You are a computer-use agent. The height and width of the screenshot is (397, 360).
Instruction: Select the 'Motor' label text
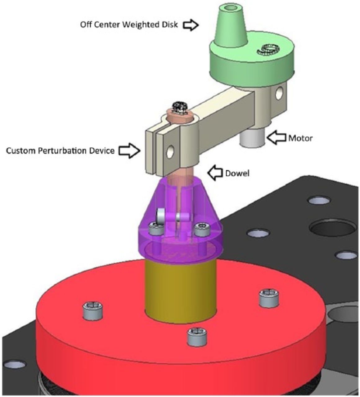coord(300,138)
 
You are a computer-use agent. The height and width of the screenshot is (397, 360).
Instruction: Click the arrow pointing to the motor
coord(277,138)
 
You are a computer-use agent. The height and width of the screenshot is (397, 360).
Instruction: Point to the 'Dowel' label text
coord(237,173)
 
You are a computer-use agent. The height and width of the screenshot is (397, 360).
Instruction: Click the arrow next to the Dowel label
coord(216,173)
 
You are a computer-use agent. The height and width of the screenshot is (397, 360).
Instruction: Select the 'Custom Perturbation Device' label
coord(60,151)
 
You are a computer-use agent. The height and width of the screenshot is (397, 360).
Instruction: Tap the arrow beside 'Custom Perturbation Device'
coord(129,151)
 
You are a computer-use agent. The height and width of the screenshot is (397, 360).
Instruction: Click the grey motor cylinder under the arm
coord(252,139)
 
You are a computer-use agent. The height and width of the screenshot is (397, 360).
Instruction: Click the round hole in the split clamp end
coord(170,151)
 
